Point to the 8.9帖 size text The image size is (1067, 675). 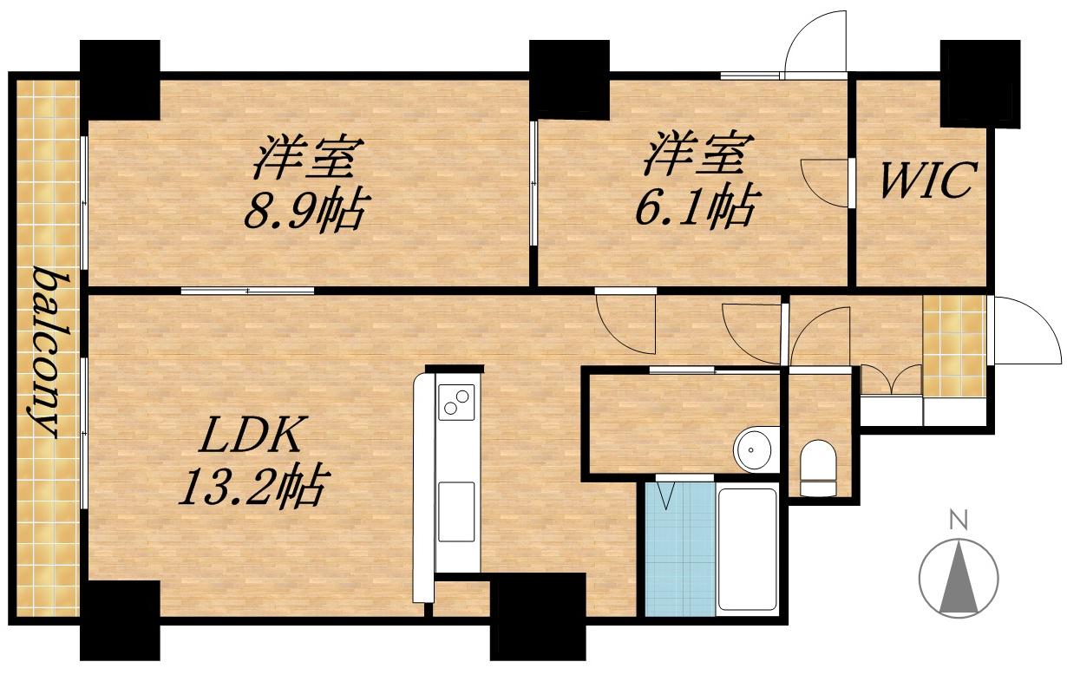(x=304, y=211)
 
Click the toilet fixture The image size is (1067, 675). (x=818, y=469)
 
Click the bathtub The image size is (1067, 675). (x=747, y=549)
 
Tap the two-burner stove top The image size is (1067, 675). (x=456, y=402)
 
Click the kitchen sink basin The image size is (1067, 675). (x=456, y=512)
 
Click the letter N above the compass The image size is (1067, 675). (x=958, y=521)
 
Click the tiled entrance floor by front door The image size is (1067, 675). (x=953, y=345)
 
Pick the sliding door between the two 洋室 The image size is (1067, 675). (x=533, y=183)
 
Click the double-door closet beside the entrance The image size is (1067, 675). (x=891, y=380)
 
